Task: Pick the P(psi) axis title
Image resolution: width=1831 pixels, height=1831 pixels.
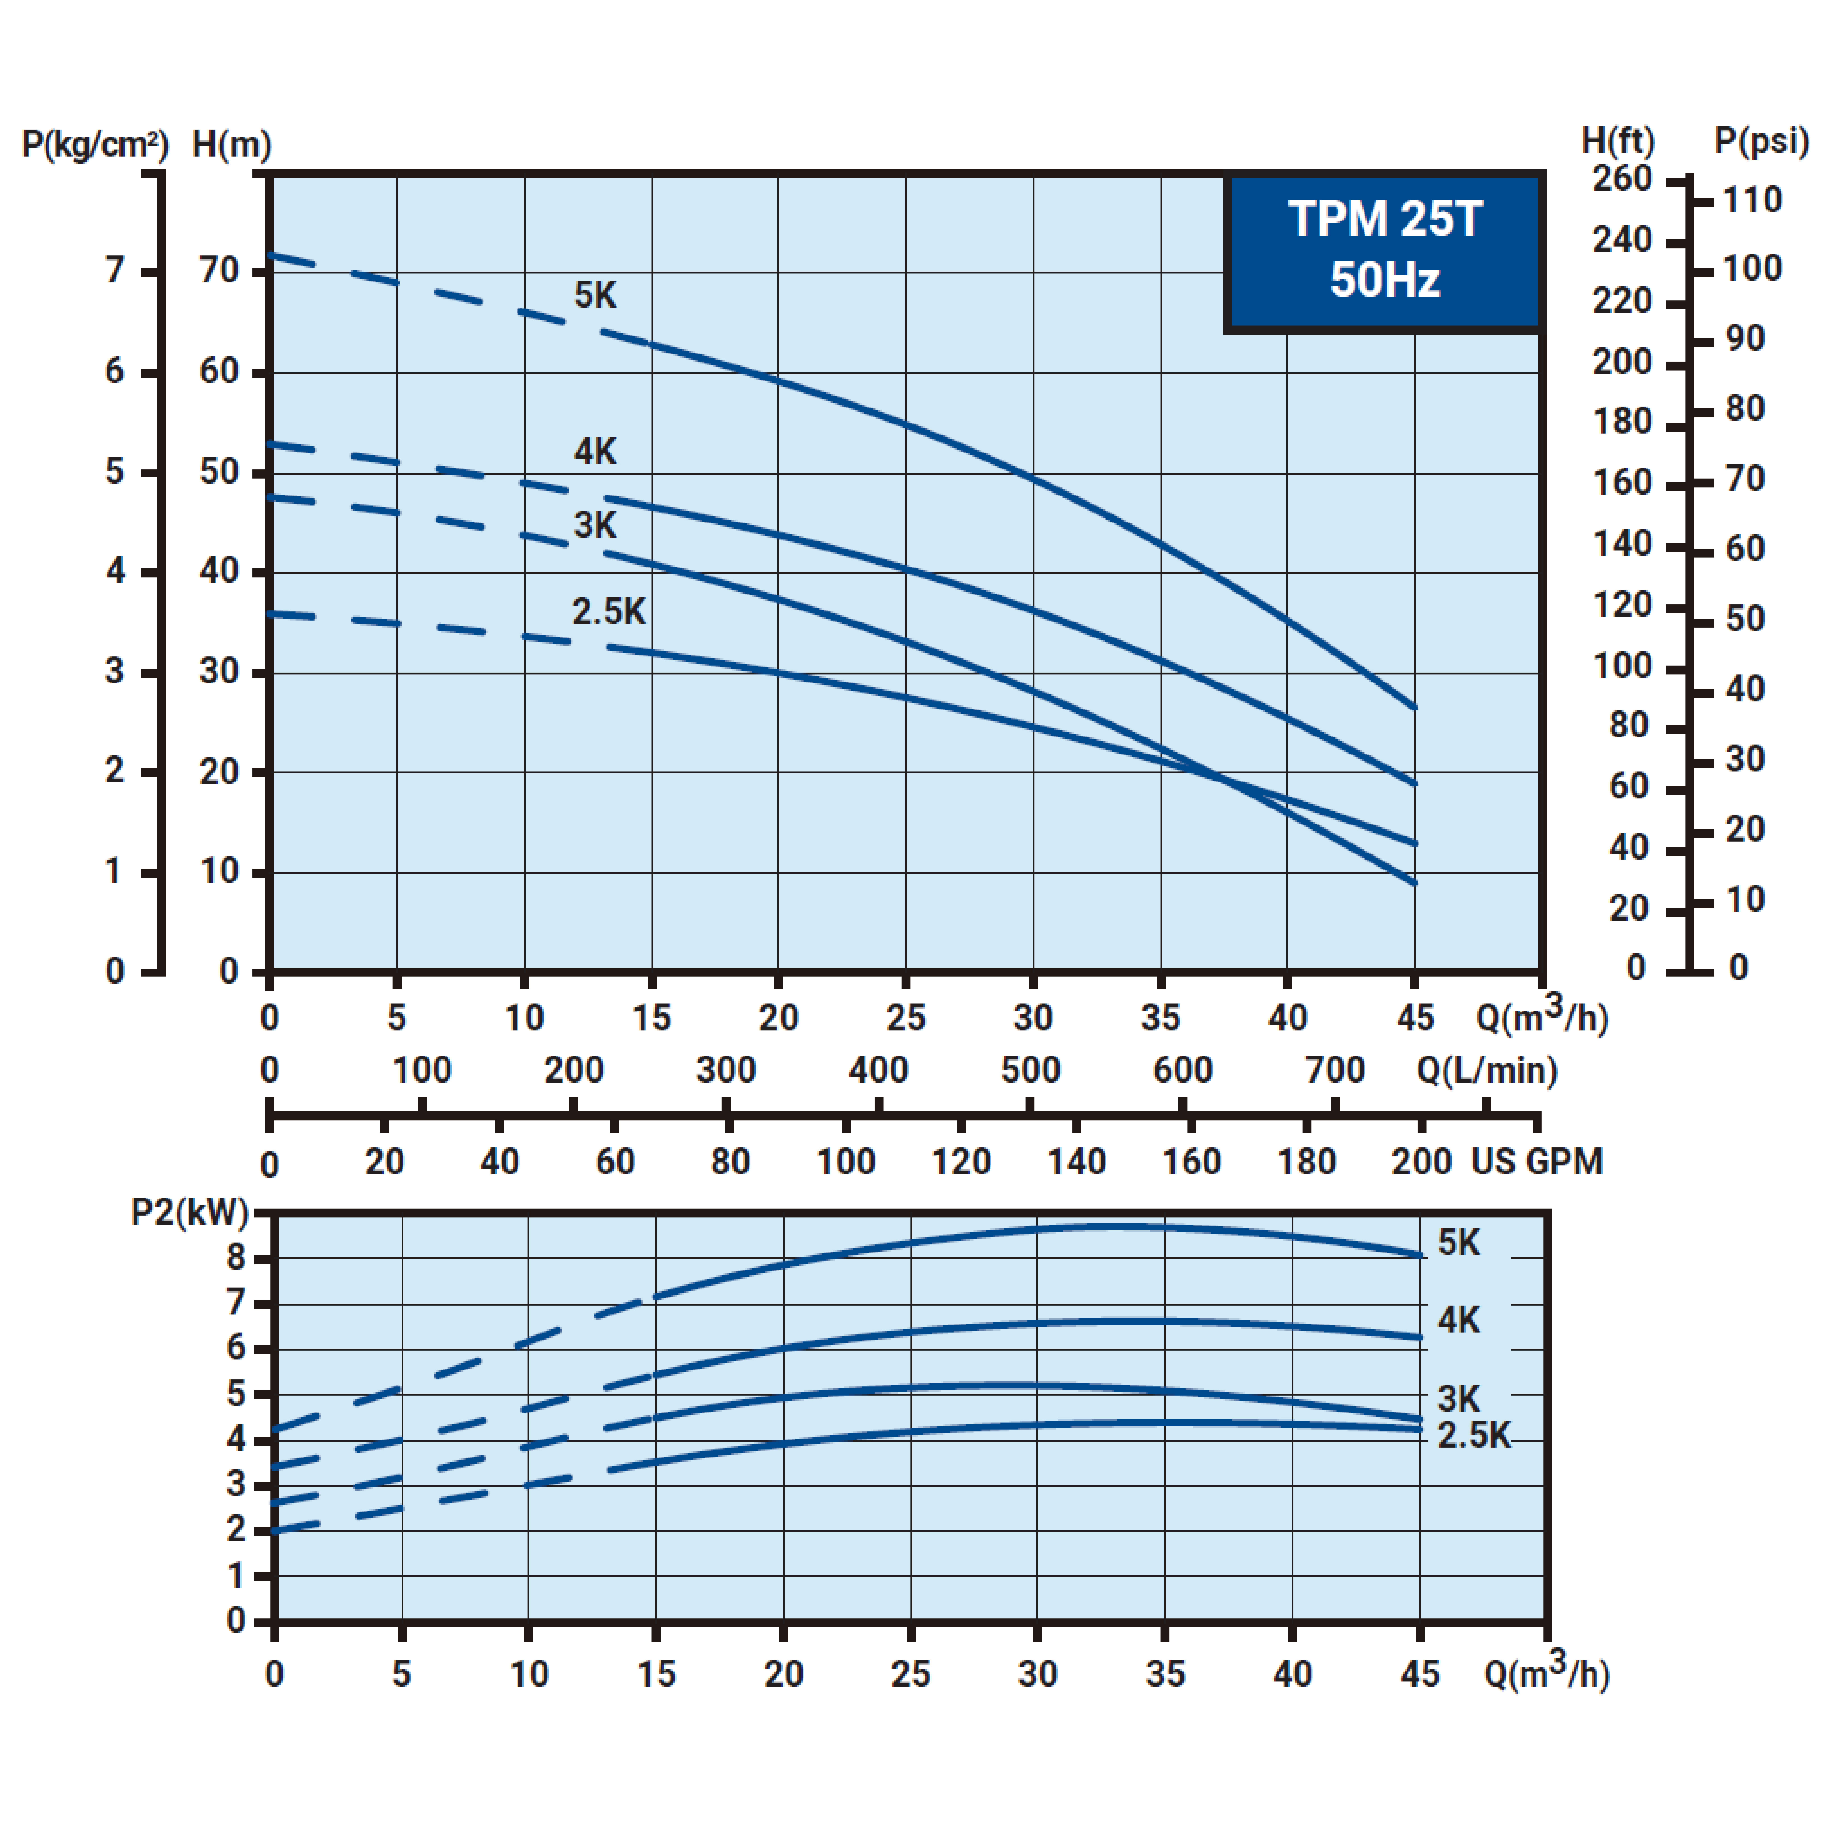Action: coord(1761,141)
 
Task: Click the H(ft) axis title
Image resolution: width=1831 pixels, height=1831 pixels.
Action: coord(1618,141)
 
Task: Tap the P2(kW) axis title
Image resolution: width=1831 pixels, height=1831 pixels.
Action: coord(189,1212)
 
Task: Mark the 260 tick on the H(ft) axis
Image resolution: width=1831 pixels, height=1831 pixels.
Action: coord(1621,179)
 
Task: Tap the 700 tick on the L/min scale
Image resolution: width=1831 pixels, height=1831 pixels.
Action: coord(1334,1070)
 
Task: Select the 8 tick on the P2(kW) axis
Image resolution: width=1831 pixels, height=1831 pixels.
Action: coord(236,1258)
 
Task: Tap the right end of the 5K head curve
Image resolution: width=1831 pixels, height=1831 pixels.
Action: coord(1414,707)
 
